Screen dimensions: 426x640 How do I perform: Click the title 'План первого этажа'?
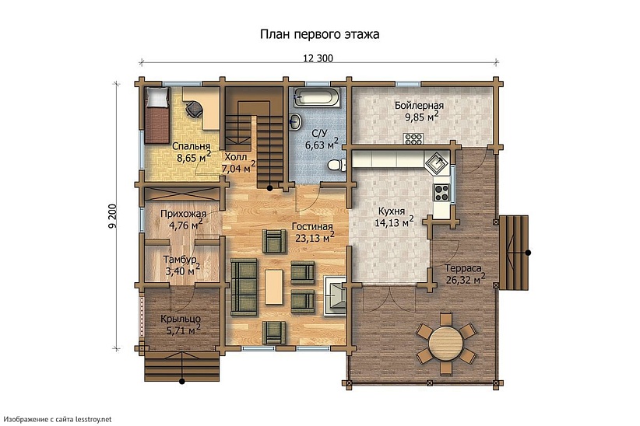coord(319,35)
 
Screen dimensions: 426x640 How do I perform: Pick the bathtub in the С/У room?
coord(318,98)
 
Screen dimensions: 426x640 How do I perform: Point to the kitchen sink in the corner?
coord(437,162)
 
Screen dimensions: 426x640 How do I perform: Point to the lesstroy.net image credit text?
coord(58,419)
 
